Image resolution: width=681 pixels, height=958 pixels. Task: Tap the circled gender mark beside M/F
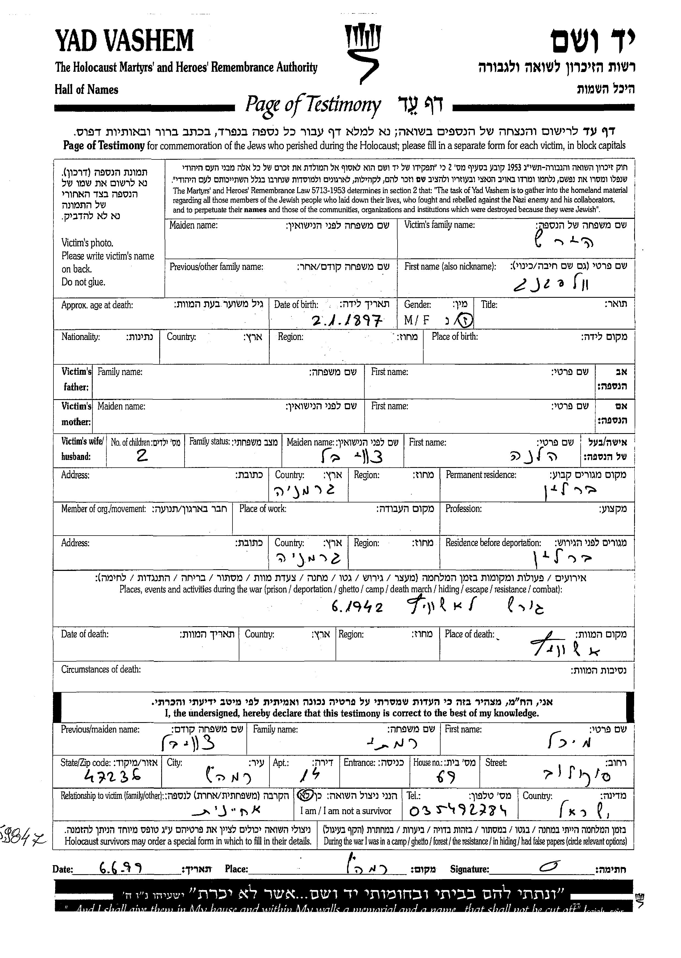point(466,321)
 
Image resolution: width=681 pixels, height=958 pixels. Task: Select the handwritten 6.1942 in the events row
point(357,607)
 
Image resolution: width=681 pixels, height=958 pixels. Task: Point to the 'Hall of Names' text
point(86,90)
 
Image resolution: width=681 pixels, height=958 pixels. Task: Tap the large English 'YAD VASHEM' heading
point(124,41)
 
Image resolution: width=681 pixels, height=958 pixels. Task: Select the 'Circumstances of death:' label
point(101,669)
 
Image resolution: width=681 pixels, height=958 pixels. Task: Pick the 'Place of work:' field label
point(263,509)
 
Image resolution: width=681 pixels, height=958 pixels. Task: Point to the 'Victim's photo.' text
point(87,243)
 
